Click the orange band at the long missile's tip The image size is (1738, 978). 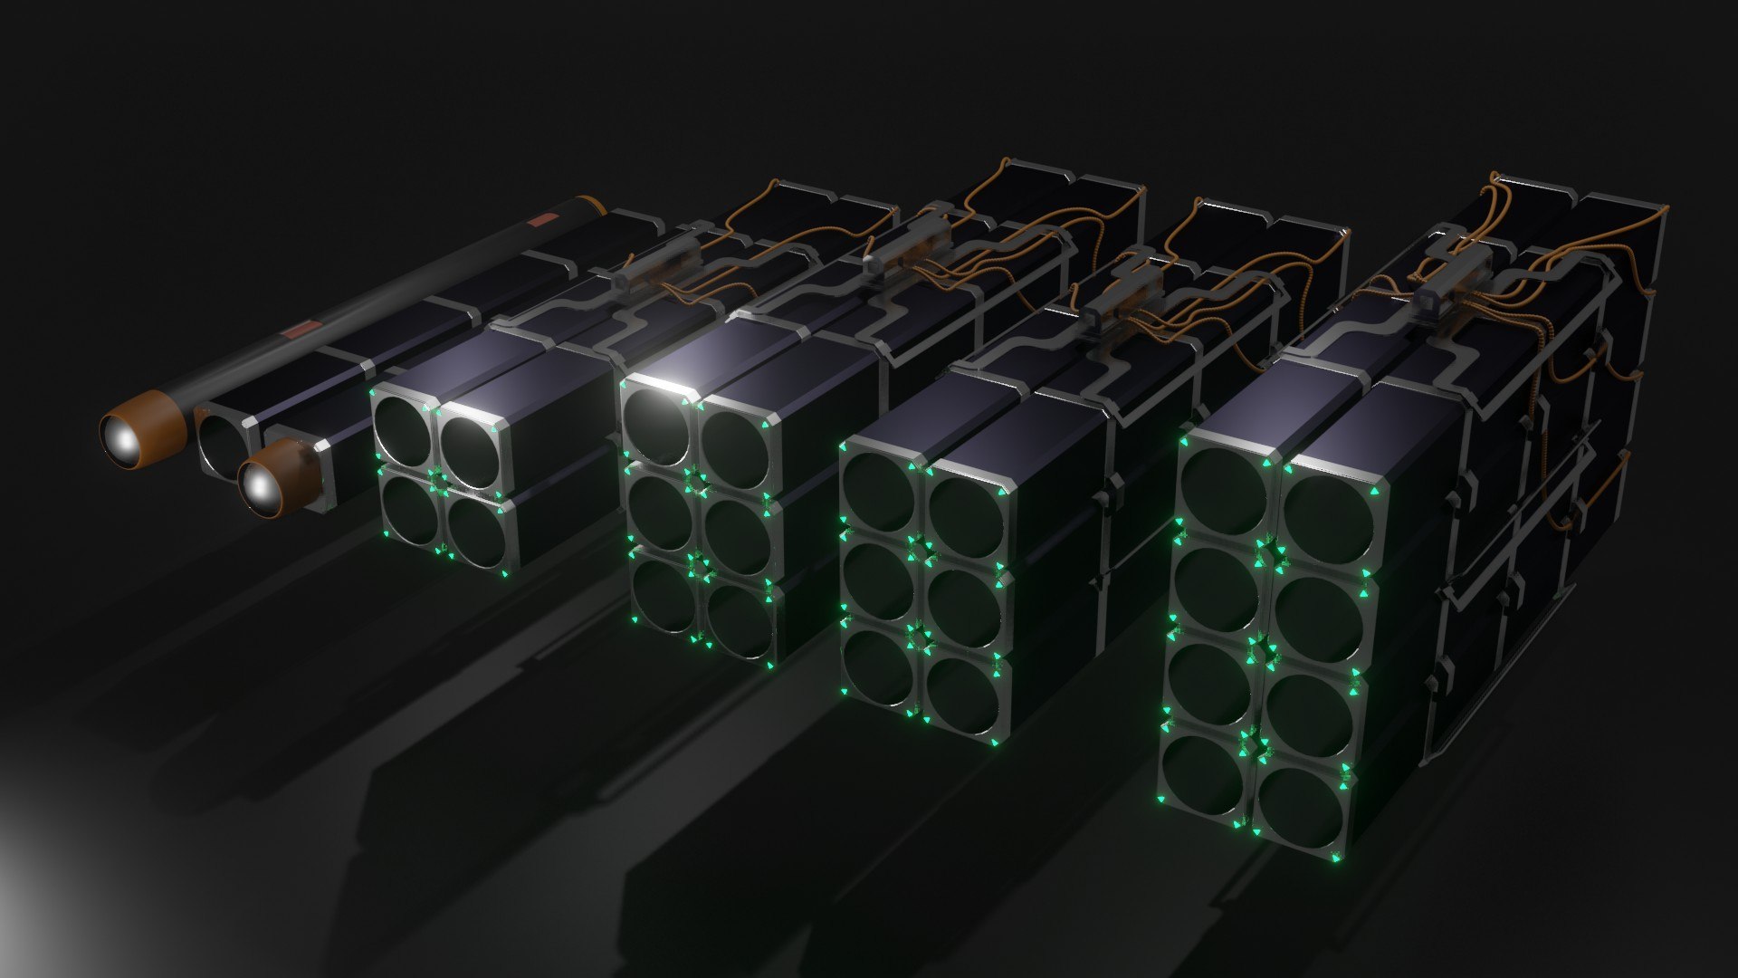[x=593, y=203]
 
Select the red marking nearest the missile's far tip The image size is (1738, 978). [x=545, y=219]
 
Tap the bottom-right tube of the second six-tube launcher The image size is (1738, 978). [x=740, y=622]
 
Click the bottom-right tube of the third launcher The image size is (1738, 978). [x=963, y=697]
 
